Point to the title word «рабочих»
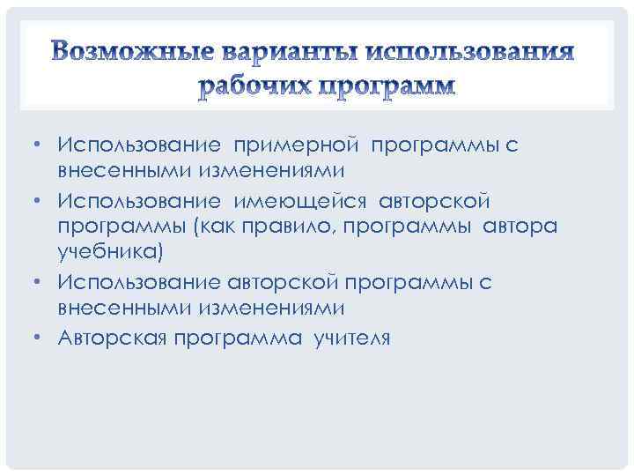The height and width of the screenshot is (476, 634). (251, 86)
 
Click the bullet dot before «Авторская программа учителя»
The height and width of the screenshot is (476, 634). (41, 338)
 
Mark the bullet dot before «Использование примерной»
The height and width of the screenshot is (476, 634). (41, 143)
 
